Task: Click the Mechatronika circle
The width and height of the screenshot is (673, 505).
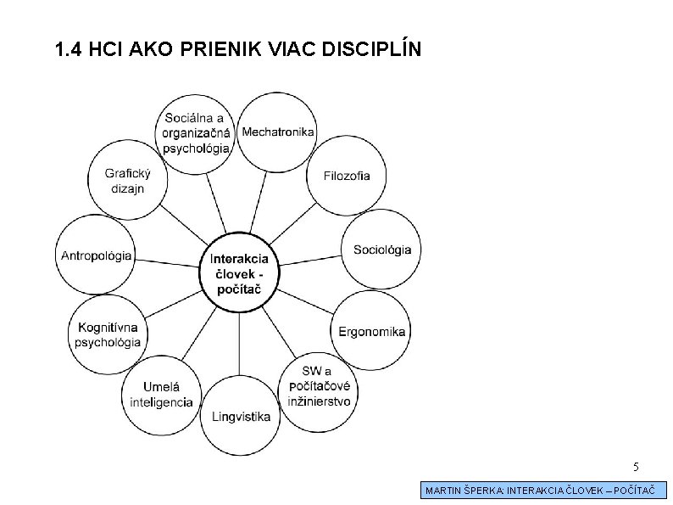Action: [278, 132]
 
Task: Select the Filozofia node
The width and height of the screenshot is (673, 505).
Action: [347, 176]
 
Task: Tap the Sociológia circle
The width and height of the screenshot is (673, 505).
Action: [381, 249]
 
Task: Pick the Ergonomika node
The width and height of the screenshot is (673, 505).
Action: [372, 331]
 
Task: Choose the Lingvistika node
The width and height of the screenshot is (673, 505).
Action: [242, 416]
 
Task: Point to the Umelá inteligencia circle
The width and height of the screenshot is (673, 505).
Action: [162, 393]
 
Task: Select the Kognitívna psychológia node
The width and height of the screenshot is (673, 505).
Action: [108, 334]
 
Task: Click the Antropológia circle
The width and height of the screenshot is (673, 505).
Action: [97, 255]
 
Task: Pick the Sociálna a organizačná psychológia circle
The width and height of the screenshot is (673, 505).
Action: [197, 132]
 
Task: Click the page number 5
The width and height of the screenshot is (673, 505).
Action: [637, 466]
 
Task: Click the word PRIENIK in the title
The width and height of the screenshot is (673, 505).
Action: [223, 51]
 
